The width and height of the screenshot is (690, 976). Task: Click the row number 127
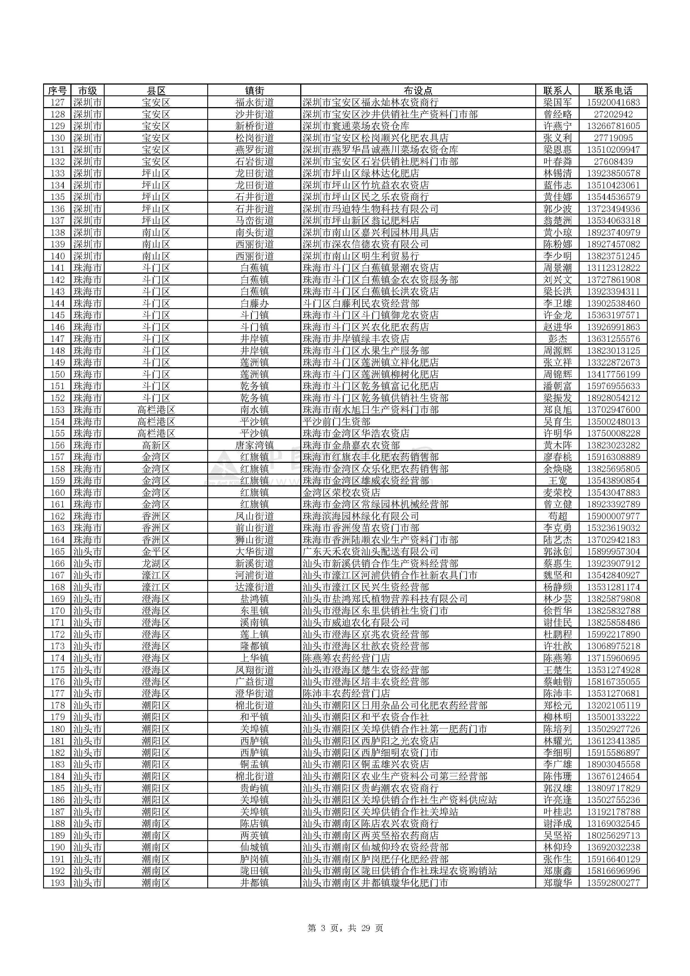click(57, 102)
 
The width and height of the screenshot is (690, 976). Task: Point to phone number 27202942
click(613, 114)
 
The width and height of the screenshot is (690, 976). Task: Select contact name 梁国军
click(557, 102)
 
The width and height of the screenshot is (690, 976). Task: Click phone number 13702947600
click(613, 410)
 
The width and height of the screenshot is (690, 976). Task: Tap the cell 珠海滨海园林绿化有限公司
click(361, 516)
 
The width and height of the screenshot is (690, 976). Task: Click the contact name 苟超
click(557, 516)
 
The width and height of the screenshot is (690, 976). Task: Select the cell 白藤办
click(254, 303)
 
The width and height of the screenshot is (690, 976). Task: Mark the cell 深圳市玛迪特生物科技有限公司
click(370, 209)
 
